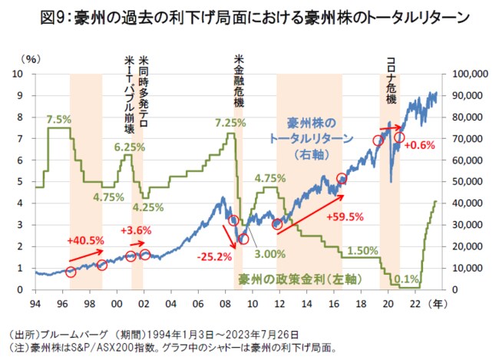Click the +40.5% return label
point(85,239)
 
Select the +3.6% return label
point(136,230)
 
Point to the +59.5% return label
point(345,216)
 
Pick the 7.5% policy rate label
point(58,119)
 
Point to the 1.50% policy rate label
point(363,250)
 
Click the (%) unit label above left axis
point(32,58)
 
